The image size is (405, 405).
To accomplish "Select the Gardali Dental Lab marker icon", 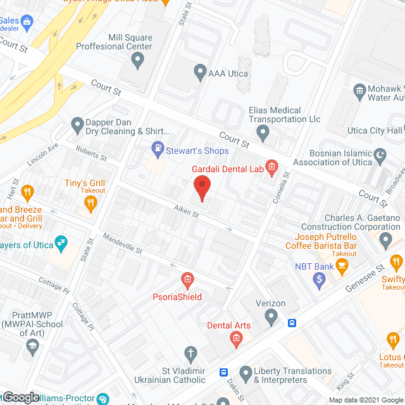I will coord(271,168).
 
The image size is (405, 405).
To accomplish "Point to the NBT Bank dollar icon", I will coord(321,278).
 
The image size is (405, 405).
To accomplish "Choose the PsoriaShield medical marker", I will coord(187,278).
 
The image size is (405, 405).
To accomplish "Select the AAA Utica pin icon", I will coord(200,72).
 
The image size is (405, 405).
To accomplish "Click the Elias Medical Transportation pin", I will coord(264,132).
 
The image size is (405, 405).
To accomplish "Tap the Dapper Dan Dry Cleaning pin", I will coord(77,124).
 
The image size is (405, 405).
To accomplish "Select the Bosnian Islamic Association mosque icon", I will coord(381,154).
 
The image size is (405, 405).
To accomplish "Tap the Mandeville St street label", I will coord(123,245).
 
